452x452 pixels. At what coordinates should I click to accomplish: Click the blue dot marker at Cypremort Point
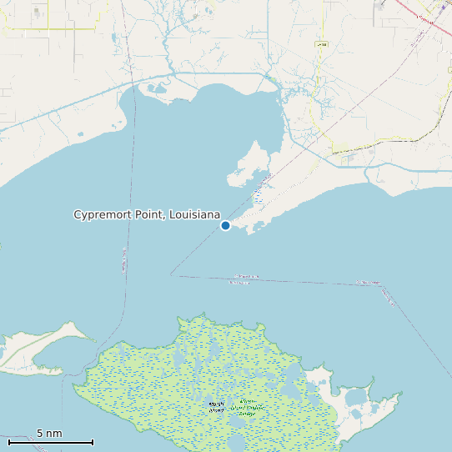coord(225,225)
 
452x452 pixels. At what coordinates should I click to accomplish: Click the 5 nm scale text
coord(49,434)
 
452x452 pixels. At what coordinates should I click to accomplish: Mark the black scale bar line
coord(50,442)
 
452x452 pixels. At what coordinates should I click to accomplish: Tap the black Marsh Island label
coord(217,406)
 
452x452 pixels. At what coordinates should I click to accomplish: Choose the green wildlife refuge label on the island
coord(247,406)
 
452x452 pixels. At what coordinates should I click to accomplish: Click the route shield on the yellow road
coord(322,43)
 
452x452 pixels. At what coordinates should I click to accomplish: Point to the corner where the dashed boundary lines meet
coord(171,274)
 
